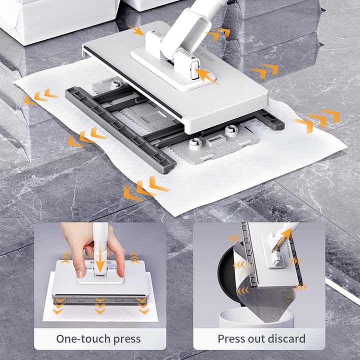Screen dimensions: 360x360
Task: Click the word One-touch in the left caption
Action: pyautogui.click(x=80, y=338)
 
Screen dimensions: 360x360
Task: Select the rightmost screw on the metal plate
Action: pyautogui.click(x=230, y=131)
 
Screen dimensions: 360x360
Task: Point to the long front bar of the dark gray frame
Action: pyautogui.click(x=120, y=128)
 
